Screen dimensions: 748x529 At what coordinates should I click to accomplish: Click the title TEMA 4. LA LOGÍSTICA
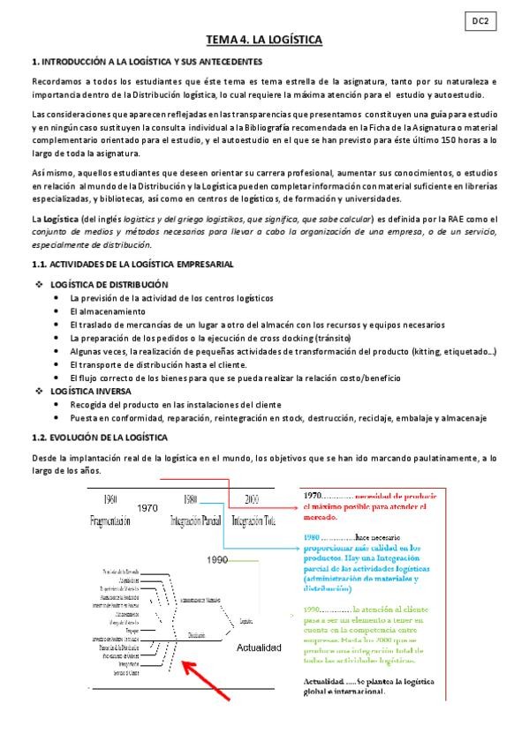[x=263, y=40]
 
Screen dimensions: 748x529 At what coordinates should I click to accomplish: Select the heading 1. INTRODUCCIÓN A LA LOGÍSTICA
[x=146, y=61]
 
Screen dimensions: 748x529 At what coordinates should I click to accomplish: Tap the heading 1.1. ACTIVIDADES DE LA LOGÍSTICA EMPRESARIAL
[x=132, y=264]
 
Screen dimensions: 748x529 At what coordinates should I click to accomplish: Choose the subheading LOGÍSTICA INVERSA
[x=91, y=390]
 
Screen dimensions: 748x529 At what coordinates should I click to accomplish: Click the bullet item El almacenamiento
[x=107, y=311]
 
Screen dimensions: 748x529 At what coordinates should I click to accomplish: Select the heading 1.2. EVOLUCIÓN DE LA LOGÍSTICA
[x=106, y=438]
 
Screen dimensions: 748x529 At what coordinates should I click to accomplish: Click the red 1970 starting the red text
[x=314, y=494]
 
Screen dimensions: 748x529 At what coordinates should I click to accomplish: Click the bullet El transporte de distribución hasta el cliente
[x=171, y=364]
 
